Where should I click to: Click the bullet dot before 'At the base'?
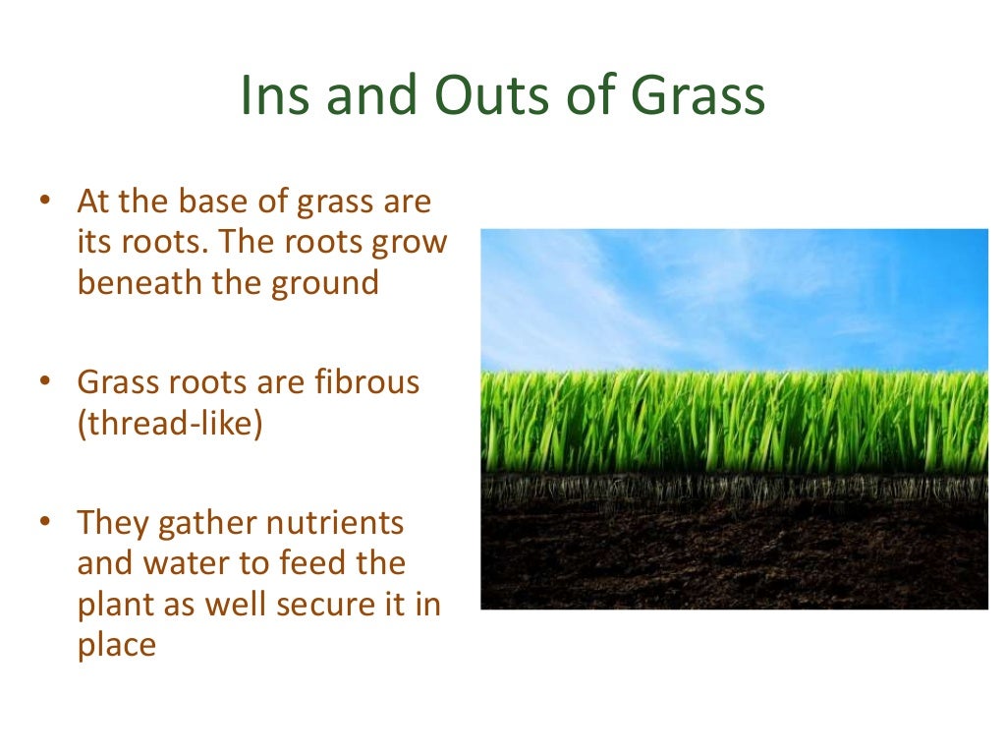point(44,203)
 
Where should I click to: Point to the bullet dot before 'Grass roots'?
point(44,382)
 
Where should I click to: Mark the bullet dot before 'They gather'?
point(44,523)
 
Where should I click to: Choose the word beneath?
point(138,283)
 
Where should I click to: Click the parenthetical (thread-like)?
point(169,425)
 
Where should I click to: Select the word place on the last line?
point(116,646)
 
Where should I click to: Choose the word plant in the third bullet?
point(116,606)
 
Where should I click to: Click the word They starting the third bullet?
point(112,523)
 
